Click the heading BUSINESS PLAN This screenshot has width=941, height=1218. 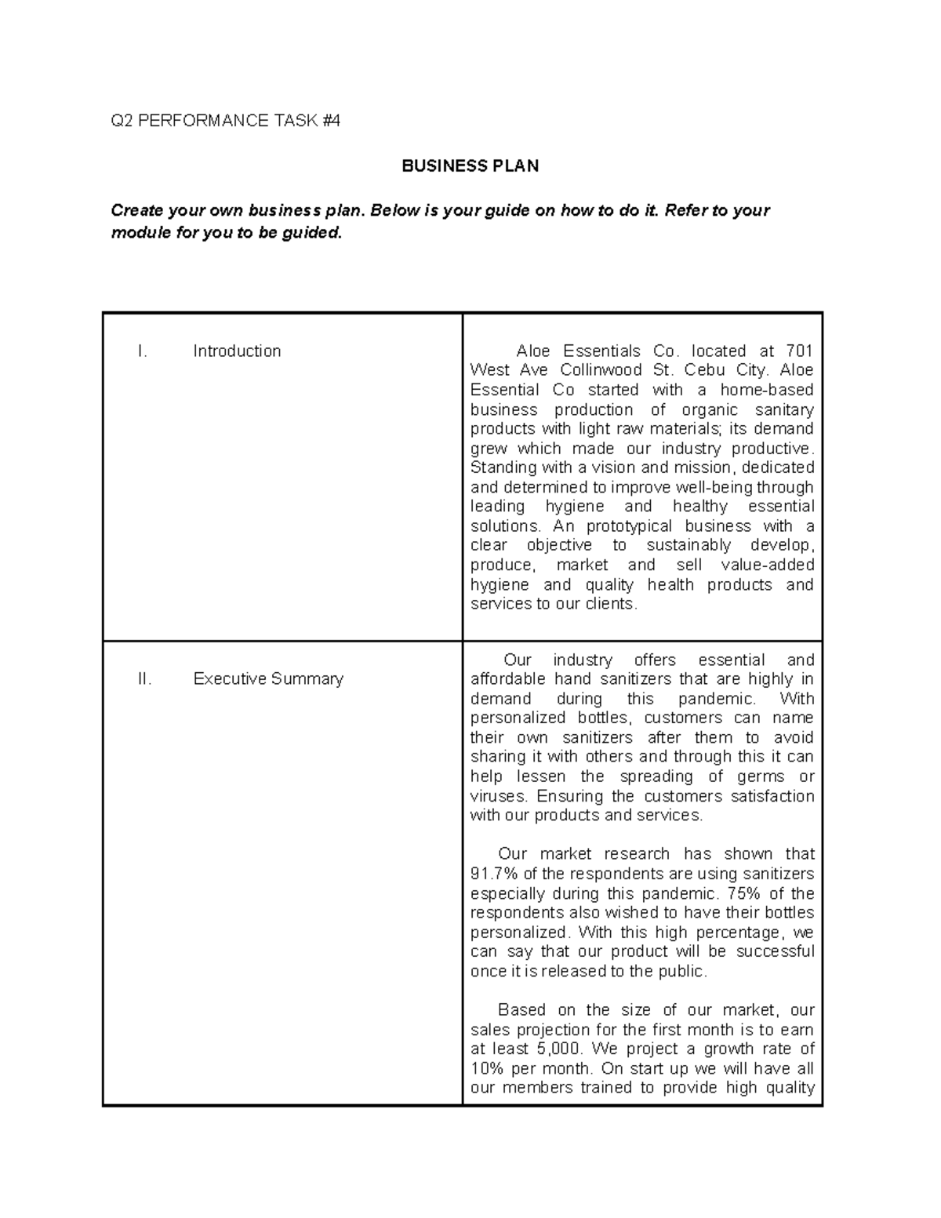470,166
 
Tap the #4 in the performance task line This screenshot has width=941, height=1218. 331,121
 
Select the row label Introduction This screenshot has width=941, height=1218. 237,351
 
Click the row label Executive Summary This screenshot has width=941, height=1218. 268,679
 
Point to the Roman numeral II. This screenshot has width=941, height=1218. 144,679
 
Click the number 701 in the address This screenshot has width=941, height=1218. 799,351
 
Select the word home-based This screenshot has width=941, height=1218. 767,390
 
